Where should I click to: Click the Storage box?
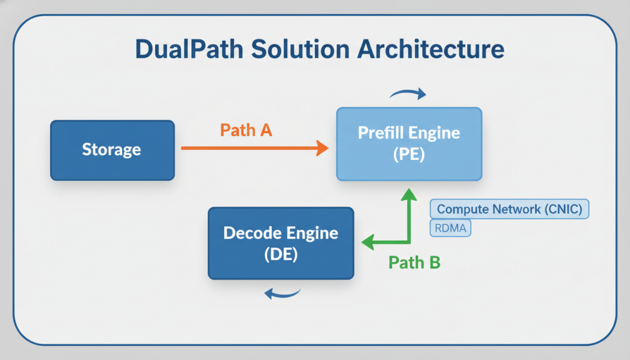[112, 149]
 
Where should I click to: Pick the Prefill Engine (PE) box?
[409, 144]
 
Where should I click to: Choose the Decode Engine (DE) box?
[281, 243]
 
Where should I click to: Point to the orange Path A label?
[246, 130]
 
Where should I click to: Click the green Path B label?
[414, 263]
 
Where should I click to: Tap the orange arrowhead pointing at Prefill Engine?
[322, 148]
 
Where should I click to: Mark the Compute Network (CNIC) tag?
[509, 209]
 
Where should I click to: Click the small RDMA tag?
[450, 228]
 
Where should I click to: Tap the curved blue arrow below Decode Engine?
[282, 293]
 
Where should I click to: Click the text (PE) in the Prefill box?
[409, 155]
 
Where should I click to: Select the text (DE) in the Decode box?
[281, 254]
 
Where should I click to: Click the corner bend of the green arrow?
[409, 242]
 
